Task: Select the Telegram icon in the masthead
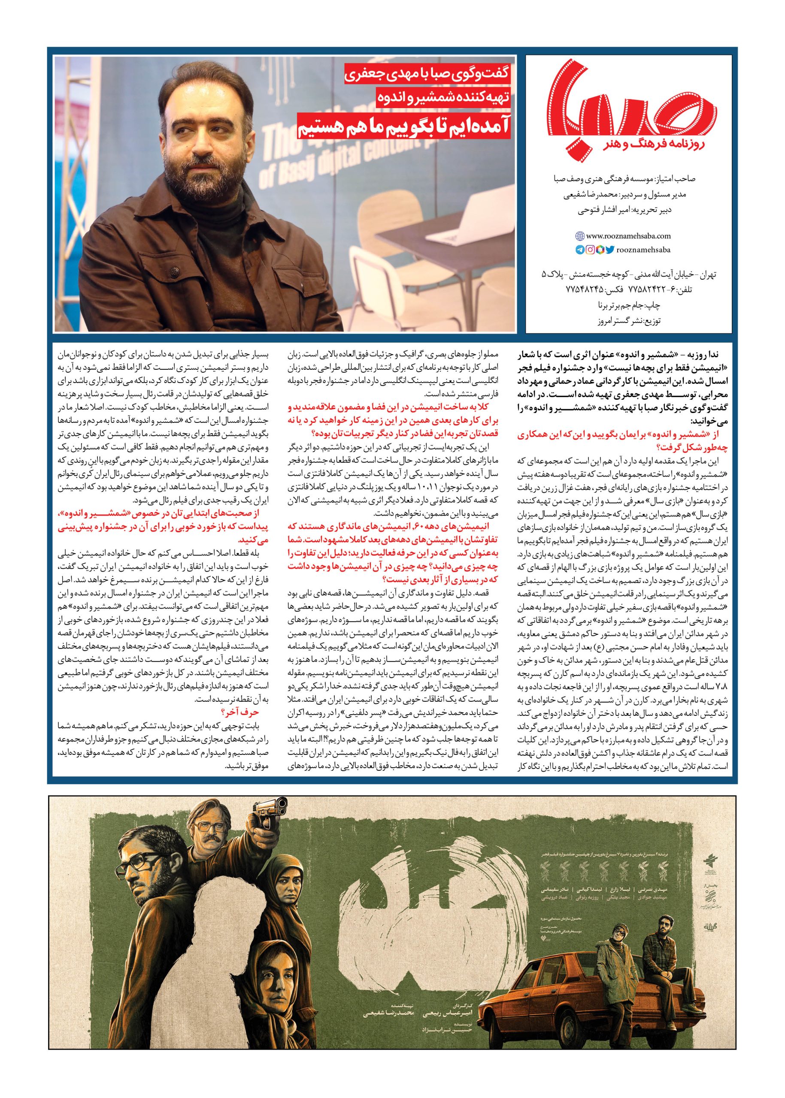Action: pos(579,250)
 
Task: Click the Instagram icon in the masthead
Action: pos(590,250)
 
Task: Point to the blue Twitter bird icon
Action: pos(609,250)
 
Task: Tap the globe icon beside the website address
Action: pos(579,236)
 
